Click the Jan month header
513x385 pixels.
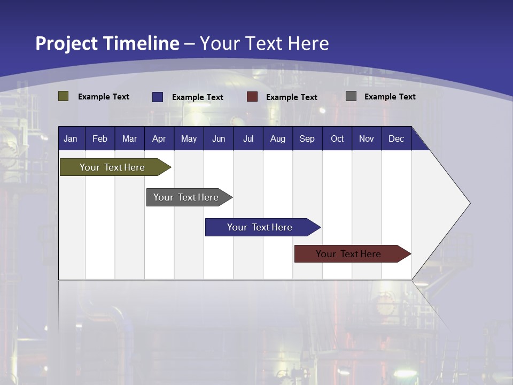tap(71, 138)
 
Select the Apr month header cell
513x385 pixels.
tap(159, 138)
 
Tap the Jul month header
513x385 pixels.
tap(248, 138)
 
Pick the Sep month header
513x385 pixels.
tap(307, 138)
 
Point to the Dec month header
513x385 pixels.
tap(396, 138)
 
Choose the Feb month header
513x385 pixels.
tap(100, 138)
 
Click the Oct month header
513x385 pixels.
tap(337, 138)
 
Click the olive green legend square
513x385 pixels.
tap(64, 96)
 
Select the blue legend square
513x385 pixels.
tap(158, 97)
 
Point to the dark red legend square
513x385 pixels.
tap(252, 97)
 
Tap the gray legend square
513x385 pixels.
tap(351, 96)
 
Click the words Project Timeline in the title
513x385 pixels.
tap(107, 43)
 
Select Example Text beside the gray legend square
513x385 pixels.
tap(390, 97)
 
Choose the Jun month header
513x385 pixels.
tap(219, 138)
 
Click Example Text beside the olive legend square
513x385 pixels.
tap(104, 97)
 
